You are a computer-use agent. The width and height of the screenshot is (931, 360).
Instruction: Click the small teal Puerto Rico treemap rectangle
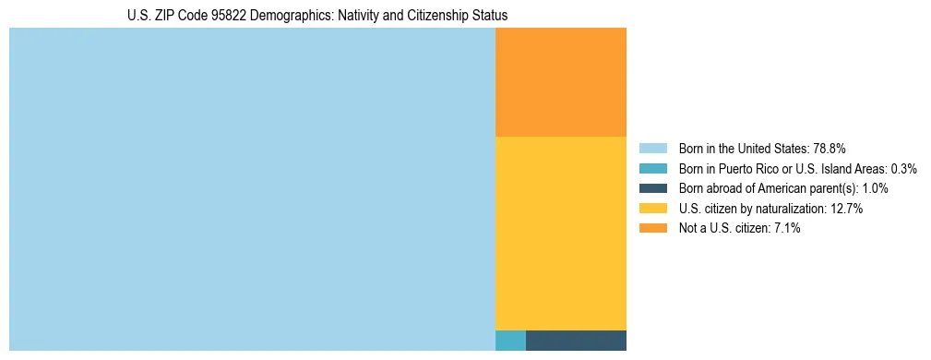point(510,340)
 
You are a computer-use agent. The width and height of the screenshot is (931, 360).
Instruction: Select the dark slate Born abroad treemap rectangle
point(576,340)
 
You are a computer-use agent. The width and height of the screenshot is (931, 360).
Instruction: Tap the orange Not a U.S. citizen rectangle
point(561,82)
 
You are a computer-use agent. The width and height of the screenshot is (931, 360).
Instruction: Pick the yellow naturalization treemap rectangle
point(561,233)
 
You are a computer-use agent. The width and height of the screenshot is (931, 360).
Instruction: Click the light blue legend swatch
point(653,149)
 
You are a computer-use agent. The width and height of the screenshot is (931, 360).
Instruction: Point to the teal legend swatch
point(653,169)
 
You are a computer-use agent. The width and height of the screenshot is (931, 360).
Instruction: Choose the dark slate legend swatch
point(653,188)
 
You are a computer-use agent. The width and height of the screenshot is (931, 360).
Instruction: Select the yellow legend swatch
point(653,209)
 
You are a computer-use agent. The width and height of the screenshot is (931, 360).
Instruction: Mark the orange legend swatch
point(653,229)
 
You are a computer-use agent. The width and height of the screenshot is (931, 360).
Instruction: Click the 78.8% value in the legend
point(830,149)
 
